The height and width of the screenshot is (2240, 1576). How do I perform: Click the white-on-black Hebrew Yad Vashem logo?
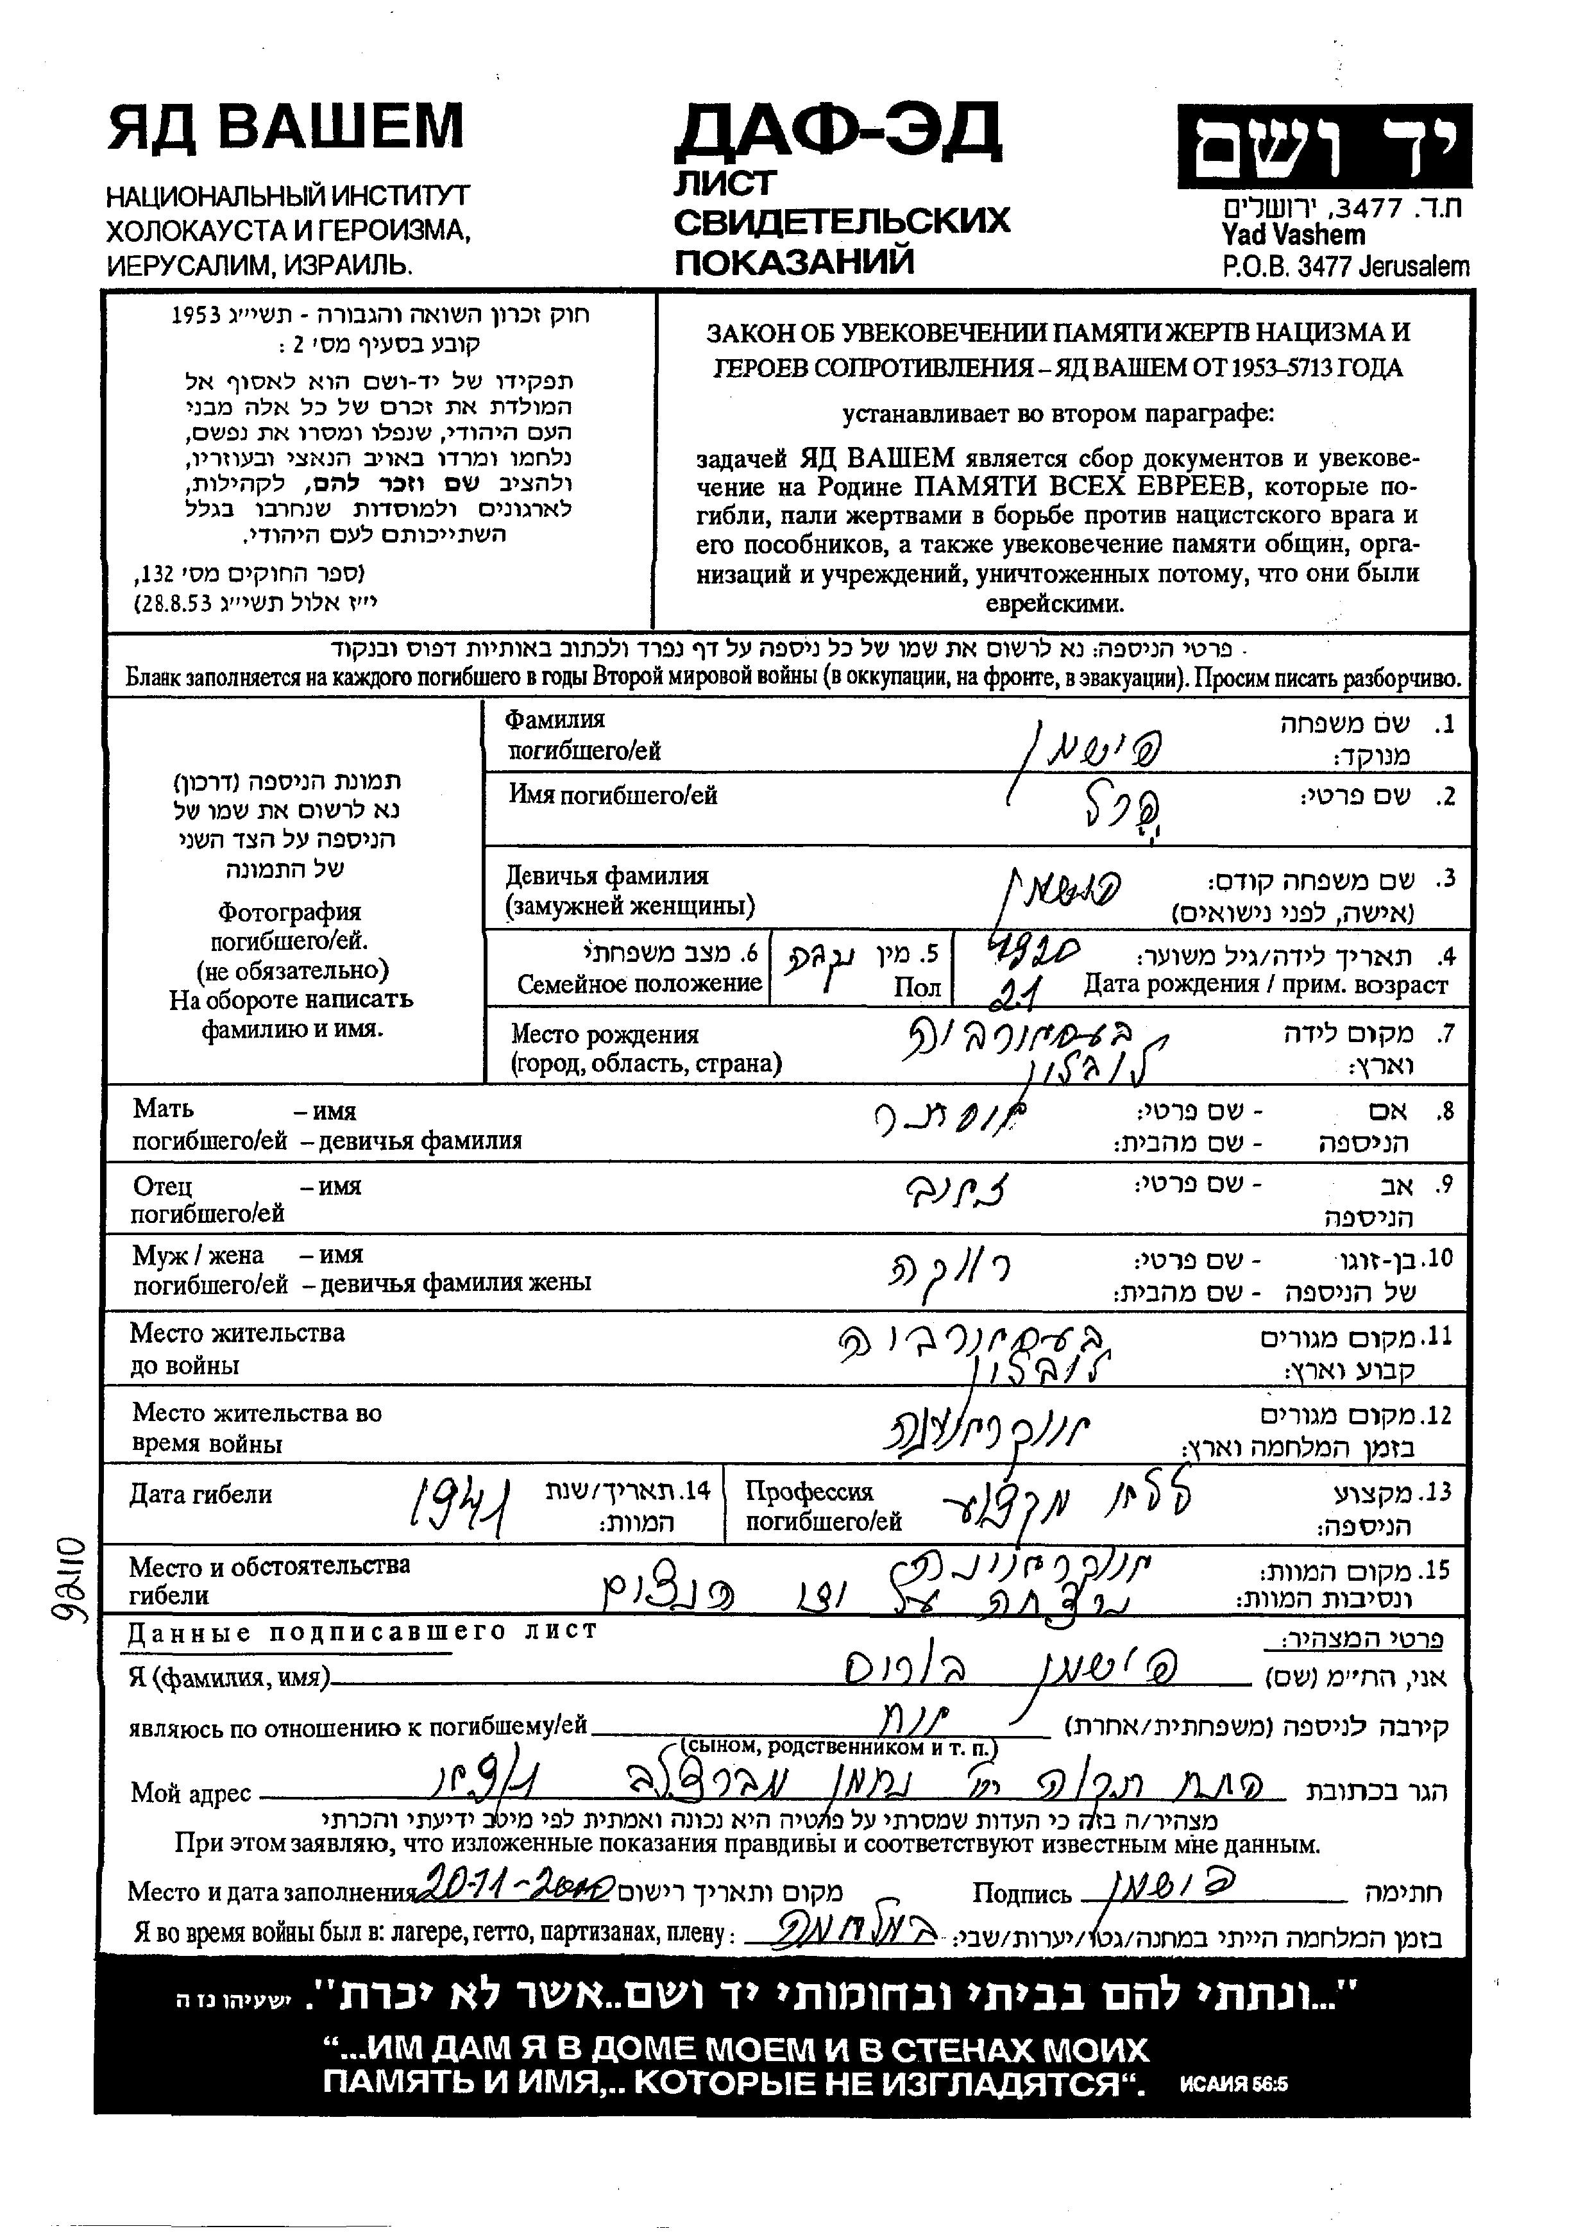1323,146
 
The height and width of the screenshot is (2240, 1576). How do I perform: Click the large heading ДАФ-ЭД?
837,131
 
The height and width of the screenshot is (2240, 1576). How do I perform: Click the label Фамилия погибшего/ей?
582,736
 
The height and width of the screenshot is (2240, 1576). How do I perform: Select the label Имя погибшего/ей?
613,795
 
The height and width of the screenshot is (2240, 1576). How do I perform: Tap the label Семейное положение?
639,984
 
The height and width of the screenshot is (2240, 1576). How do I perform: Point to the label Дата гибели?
200,1495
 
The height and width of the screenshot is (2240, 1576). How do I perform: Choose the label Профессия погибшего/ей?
823,1506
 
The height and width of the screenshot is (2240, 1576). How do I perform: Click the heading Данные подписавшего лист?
361,1631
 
